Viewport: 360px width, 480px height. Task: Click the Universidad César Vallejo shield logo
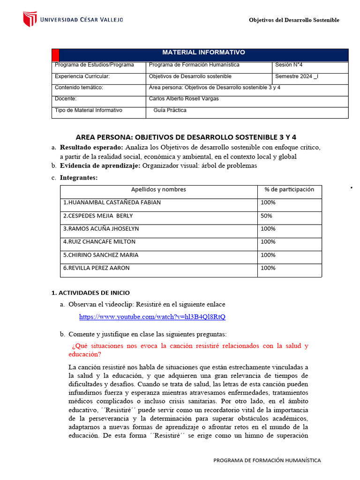[30, 19]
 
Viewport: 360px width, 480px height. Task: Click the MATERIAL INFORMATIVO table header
[203, 52]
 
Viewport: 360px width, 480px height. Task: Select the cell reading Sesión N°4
[289, 65]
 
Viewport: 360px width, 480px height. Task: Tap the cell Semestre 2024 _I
[296, 76]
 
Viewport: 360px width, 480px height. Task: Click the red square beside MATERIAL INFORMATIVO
[55, 54]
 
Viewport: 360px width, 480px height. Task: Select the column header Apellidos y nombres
[158, 190]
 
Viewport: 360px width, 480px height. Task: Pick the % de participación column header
[289, 190]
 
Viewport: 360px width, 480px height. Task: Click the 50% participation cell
[266, 216]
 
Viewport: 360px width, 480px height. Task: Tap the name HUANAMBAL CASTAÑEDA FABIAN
[112, 203]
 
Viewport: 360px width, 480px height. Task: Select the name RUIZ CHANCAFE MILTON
[99, 242]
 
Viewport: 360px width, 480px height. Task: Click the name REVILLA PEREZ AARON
[97, 268]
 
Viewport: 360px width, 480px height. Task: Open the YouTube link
[152, 317]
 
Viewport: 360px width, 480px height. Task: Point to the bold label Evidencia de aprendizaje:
[100, 166]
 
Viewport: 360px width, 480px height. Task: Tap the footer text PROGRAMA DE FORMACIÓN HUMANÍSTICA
[267, 460]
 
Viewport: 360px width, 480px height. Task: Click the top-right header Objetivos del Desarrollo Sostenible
[294, 20]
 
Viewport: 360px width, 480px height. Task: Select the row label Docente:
[66, 99]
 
